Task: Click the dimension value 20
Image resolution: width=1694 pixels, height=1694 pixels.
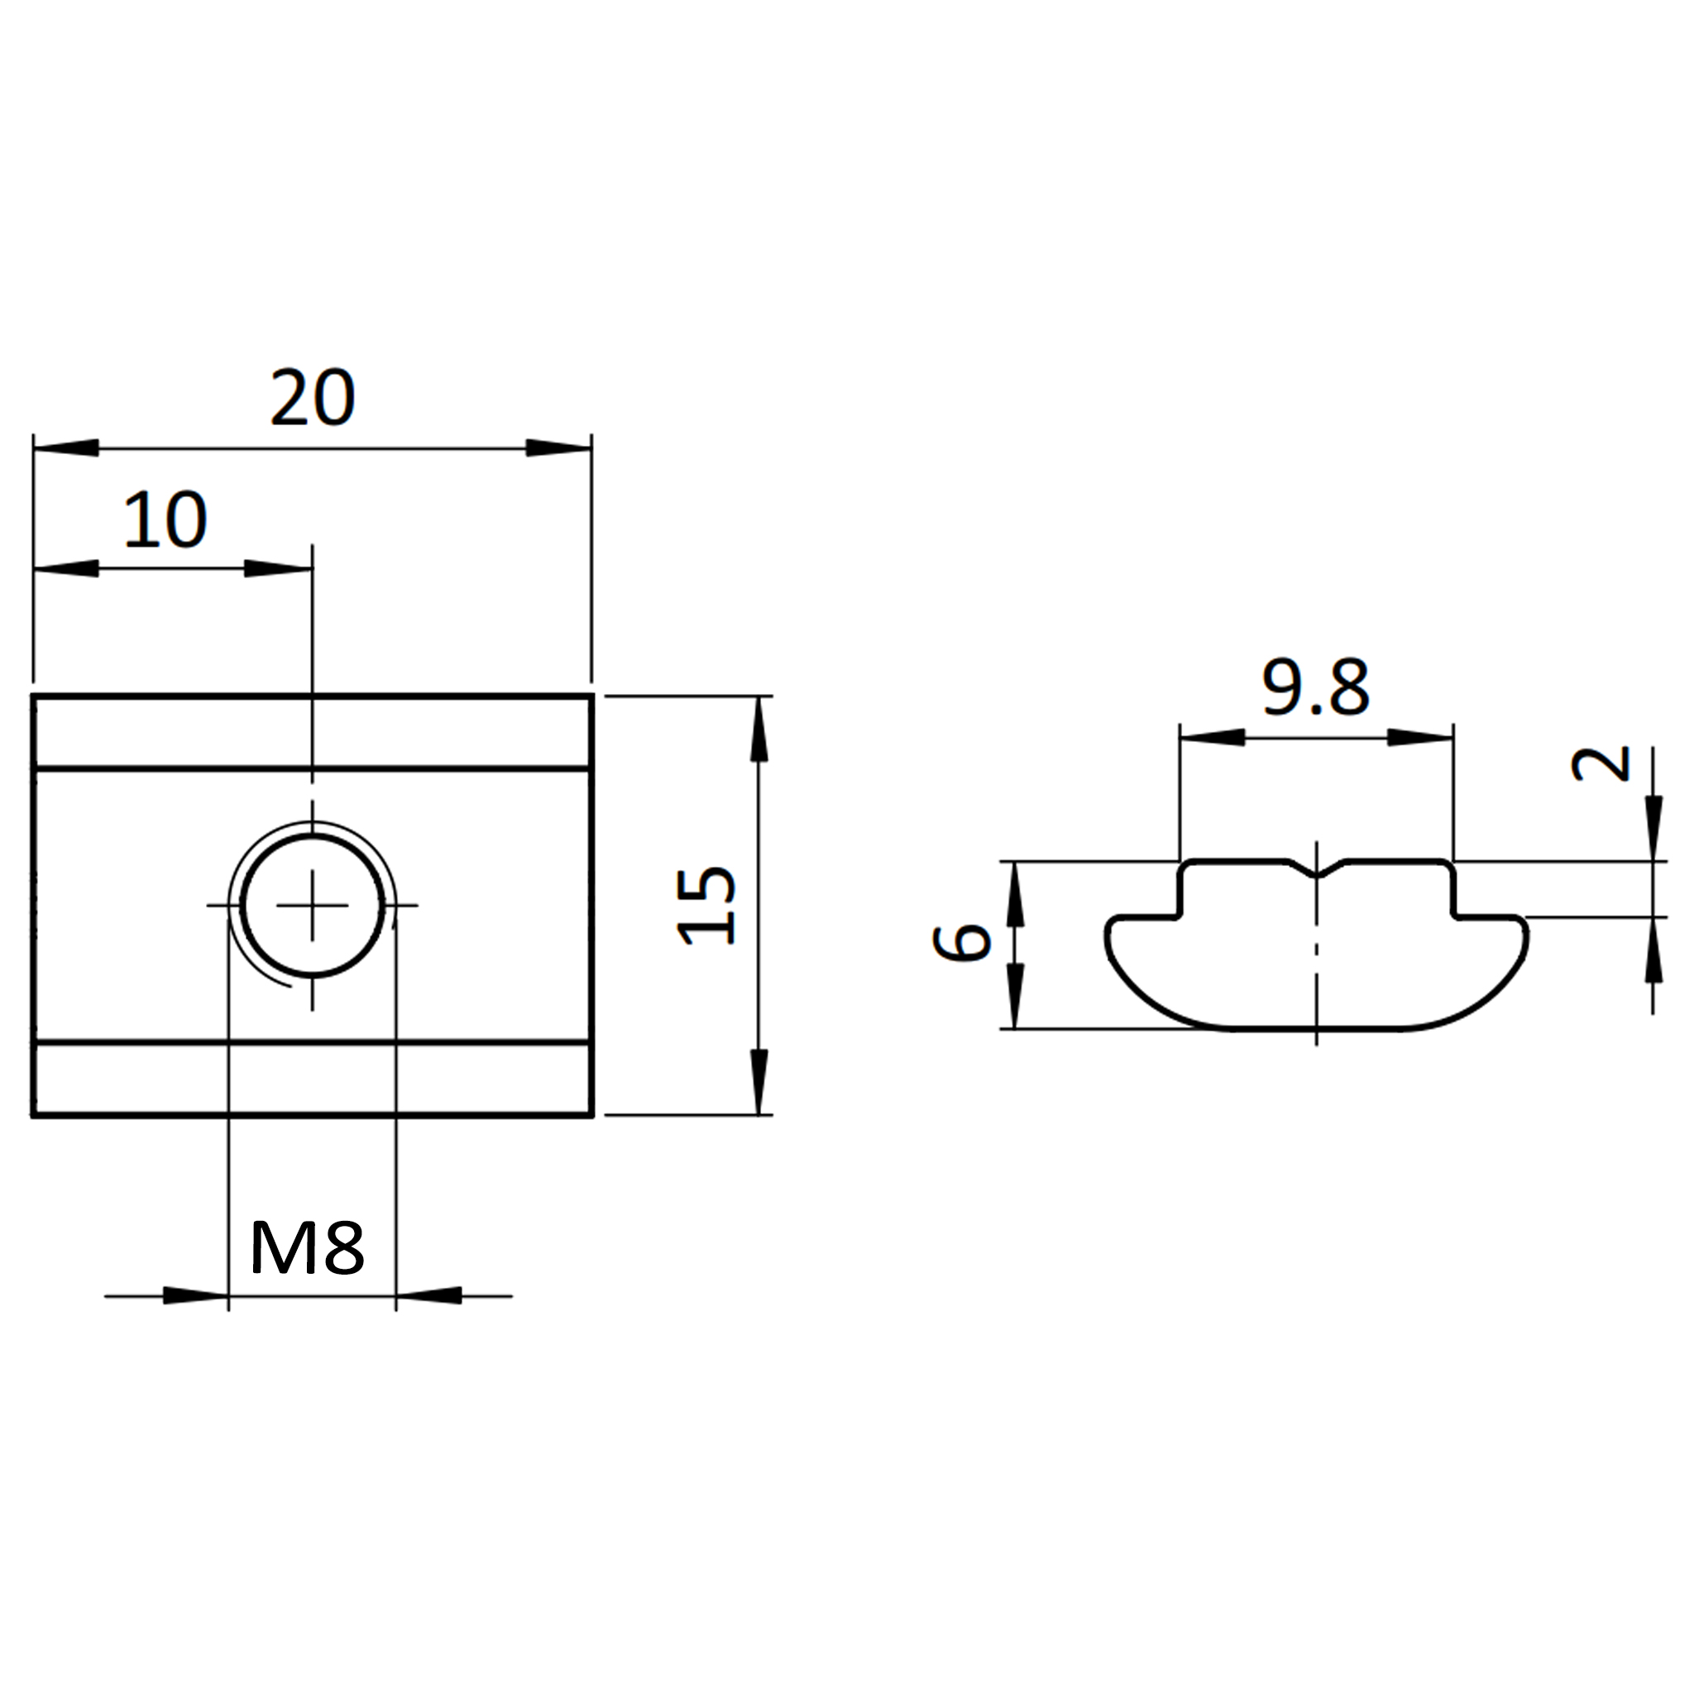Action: [312, 397]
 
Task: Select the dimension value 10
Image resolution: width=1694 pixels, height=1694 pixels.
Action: [165, 520]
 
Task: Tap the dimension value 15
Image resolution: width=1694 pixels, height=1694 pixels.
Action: [706, 905]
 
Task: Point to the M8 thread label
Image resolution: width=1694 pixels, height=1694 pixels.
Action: [307, 1248]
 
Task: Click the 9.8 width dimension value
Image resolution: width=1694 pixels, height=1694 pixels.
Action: [1315, 687]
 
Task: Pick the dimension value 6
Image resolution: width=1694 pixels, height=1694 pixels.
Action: [962, 943]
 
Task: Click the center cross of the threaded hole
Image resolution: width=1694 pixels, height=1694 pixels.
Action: [312, 905]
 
